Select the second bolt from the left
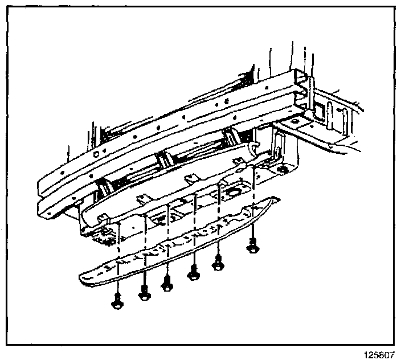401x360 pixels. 144,294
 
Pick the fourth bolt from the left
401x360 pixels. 194,274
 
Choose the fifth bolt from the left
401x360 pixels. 217,263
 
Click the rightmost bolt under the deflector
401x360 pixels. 252,246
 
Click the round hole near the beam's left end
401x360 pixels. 97,154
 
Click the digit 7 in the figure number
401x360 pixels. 391,354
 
